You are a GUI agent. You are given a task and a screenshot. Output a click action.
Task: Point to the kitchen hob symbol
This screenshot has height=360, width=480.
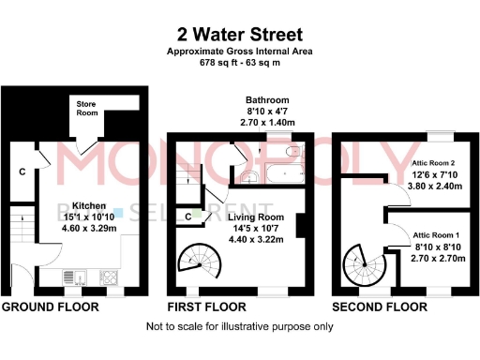[109, 277]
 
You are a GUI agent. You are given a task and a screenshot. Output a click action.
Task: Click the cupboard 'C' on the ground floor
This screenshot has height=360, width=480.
[22, 172]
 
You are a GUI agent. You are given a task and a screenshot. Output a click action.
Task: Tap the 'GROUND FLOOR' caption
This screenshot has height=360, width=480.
[47, 307]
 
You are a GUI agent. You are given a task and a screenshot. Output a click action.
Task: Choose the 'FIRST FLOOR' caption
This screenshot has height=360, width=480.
[208, 307]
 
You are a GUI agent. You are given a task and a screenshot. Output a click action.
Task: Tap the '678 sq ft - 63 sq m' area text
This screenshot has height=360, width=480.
[239, 63]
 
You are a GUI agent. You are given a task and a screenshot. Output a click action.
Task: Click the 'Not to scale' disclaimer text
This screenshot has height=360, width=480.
[239, 327]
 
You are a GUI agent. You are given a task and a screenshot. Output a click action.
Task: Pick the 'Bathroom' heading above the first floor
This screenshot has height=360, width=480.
[267, 100]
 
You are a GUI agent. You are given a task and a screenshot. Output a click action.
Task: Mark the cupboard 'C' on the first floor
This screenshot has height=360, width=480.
[188, 217]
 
